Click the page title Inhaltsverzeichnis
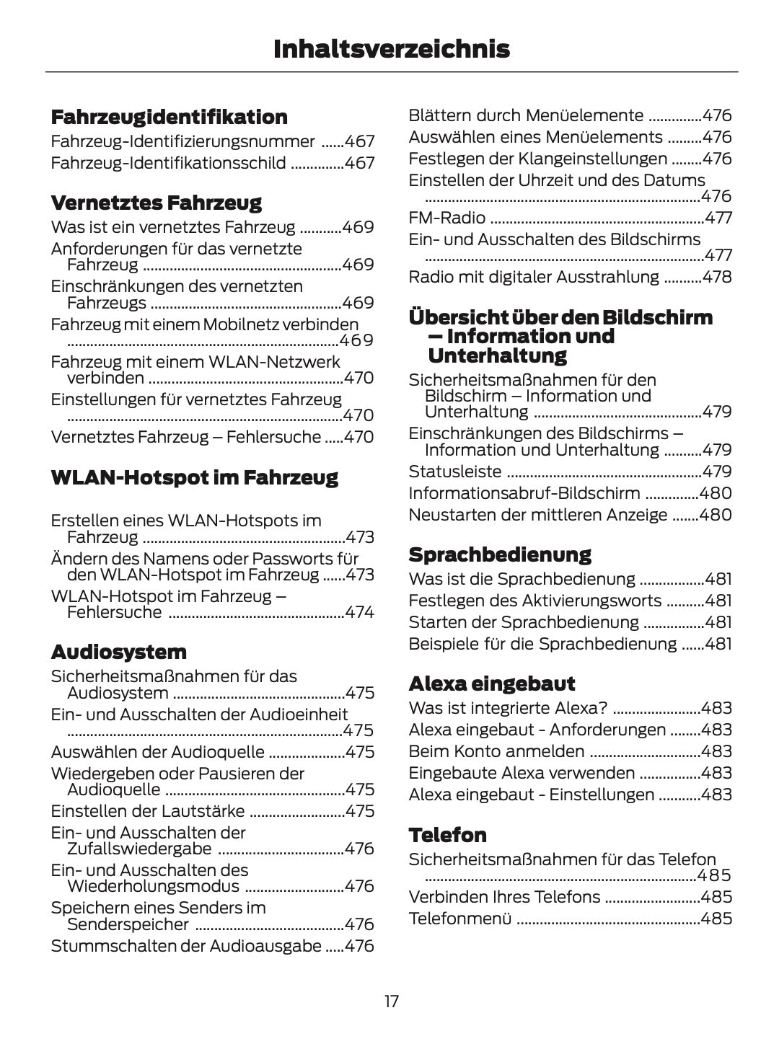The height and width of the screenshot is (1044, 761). (x=391, y=49)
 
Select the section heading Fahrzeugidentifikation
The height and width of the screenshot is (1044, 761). (x=169, y=117)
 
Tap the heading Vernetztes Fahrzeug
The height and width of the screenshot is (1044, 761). (x=156, y=203)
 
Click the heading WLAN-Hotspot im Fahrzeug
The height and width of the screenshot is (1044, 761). (x=194, y=477)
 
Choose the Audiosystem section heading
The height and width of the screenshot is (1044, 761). (x=118, y=652)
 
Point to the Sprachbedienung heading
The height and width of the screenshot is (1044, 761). (x=499, y=554)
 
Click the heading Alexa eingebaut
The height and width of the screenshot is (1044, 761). (x=491, y=684)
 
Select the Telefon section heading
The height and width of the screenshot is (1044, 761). (x=447, y=835)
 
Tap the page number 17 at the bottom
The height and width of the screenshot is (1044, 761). (x=391, y=1001)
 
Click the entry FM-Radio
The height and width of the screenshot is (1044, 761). (x=447, y=218)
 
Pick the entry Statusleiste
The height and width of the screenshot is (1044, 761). (x=454, y=472)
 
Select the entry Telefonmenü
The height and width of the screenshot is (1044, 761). (x=459, y=919)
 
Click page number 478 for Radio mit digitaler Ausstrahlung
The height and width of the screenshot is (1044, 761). (x=717, y=277)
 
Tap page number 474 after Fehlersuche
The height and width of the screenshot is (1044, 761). (x=359, y=612)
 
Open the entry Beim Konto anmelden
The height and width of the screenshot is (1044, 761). (x=496, y=751)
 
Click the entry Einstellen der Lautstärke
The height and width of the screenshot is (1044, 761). (x=147, y=811)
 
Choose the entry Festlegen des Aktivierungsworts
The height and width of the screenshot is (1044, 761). (x=535, y=601)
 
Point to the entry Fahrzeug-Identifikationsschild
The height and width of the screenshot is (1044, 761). (x=168, y=163)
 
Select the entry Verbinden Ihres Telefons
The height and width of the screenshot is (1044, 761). (x=503, y=897)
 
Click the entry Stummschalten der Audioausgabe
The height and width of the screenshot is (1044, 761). (x=185, y=946)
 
